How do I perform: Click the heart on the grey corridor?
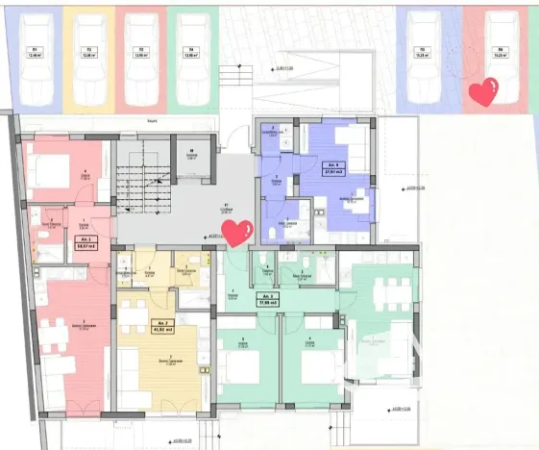click(236, 232)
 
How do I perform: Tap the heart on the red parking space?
click(483, 93)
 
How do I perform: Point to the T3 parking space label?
click(140, 52)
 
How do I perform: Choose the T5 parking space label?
click(420, 52)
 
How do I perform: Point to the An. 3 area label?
click(265, 298)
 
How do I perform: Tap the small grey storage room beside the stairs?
click(190, 160)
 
